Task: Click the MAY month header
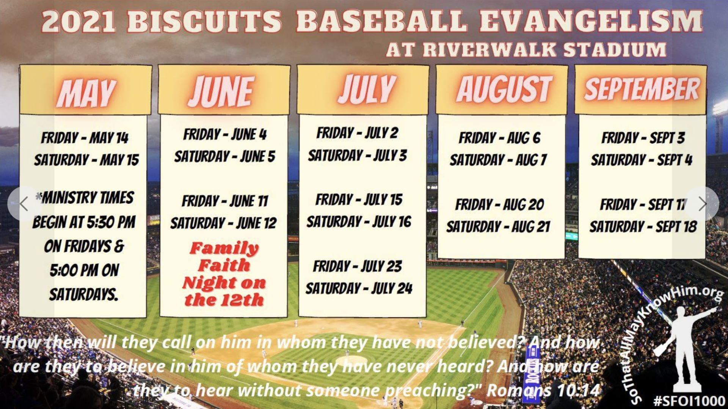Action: [x=86, y=93]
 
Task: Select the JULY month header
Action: [x=367, y=90]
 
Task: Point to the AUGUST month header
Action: [x=504, y=89]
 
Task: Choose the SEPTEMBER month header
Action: [x=642, y=89]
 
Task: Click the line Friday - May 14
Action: [x=85, y=138]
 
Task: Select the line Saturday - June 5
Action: [x=224, y=156]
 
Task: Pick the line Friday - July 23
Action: [x=357, y=266]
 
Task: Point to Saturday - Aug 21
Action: [x=498, y=227]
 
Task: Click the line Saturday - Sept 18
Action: [x=643, y=227]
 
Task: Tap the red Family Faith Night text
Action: [x=224, y=274]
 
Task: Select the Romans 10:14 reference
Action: [x=543, y=390]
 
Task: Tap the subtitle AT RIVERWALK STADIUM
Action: [x=526, y=50]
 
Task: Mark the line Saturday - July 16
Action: [x=359, y=222]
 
